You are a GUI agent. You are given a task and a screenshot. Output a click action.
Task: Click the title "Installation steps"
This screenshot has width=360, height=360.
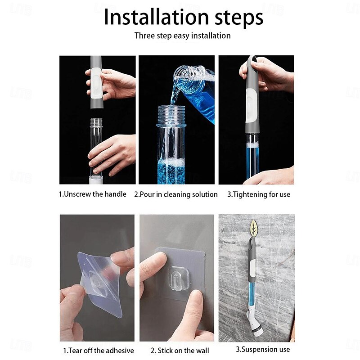[184, 18]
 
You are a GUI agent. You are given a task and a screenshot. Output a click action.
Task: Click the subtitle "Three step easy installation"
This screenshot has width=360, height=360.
[183, 36]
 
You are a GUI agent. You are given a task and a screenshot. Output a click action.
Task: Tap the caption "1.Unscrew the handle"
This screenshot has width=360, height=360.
[92, 194]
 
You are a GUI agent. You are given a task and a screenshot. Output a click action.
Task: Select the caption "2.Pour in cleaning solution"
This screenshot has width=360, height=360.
[176, 194]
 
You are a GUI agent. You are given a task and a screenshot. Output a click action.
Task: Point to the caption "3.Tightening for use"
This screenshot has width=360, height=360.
[259, 194]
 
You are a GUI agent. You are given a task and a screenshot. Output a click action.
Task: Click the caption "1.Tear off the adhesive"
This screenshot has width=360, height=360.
[99, 351]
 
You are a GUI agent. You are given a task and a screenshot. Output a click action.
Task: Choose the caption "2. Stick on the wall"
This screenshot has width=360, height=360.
[180, 351]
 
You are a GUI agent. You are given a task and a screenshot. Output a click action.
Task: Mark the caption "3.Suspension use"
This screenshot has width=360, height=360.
[263, 349]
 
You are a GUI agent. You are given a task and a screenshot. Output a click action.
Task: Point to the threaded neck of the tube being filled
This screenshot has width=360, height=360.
[171, 116]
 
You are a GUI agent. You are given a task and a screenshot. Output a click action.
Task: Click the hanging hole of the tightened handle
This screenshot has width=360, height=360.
[254, 60]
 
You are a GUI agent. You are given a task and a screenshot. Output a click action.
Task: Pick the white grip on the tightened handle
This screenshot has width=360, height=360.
[251, 106]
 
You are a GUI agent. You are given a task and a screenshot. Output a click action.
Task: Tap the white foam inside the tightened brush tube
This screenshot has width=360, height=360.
[252, 145]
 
